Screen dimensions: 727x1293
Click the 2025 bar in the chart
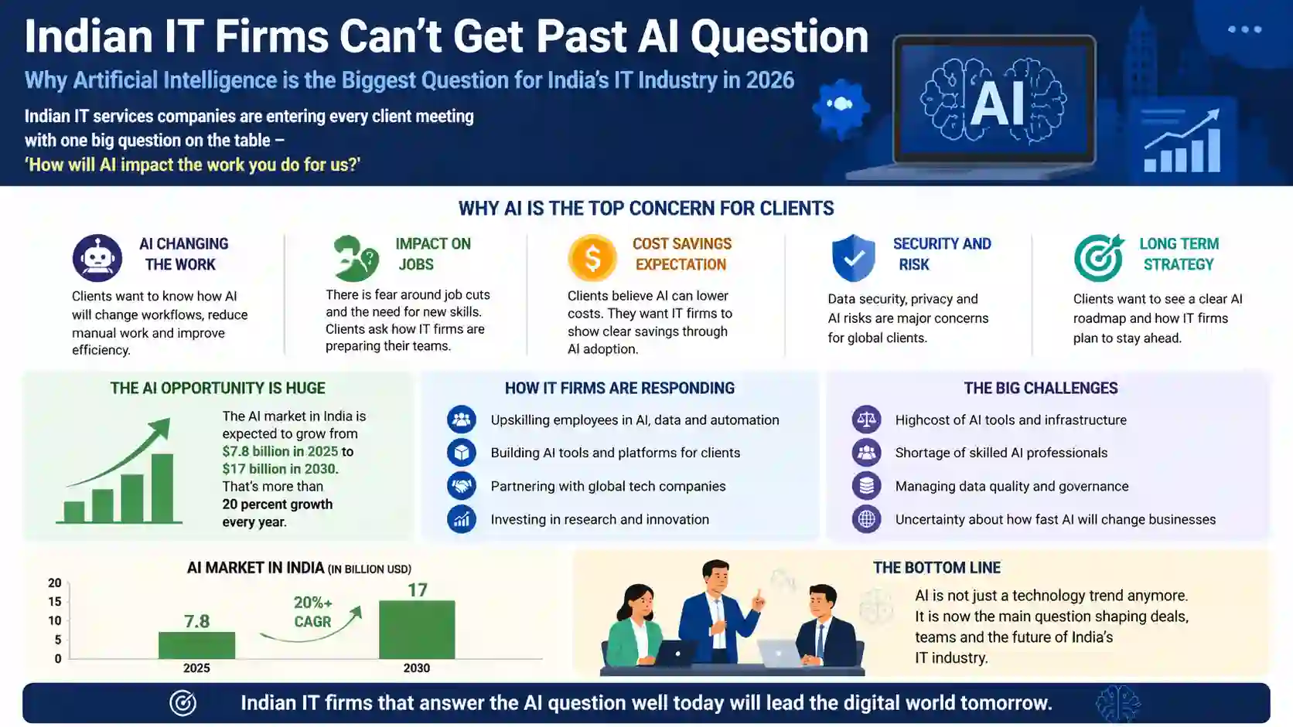(196, 645)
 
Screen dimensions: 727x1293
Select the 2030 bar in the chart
(417, 629)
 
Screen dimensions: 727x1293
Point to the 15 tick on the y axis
(55, 602)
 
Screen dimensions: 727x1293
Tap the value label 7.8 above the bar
(196, 621)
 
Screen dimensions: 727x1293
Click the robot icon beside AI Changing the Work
(97, 258)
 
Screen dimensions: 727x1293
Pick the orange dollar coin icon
(592, 258)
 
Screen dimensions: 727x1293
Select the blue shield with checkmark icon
(853, 258)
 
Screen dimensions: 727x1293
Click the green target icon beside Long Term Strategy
(1098, 258)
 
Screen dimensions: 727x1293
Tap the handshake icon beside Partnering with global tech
(462, 486)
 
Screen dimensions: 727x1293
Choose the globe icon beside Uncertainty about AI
(867, 519)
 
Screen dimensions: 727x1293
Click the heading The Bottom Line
(936, 568)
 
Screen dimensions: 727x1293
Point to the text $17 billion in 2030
(280, 469)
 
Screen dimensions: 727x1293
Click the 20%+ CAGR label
(312, 612)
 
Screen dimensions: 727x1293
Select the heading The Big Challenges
(1040, 388)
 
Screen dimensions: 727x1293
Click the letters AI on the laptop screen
(997, 104)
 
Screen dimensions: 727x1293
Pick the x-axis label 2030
(417, 668)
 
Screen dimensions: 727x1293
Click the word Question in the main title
(780, 36)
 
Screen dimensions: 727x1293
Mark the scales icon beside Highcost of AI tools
(867, 420)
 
